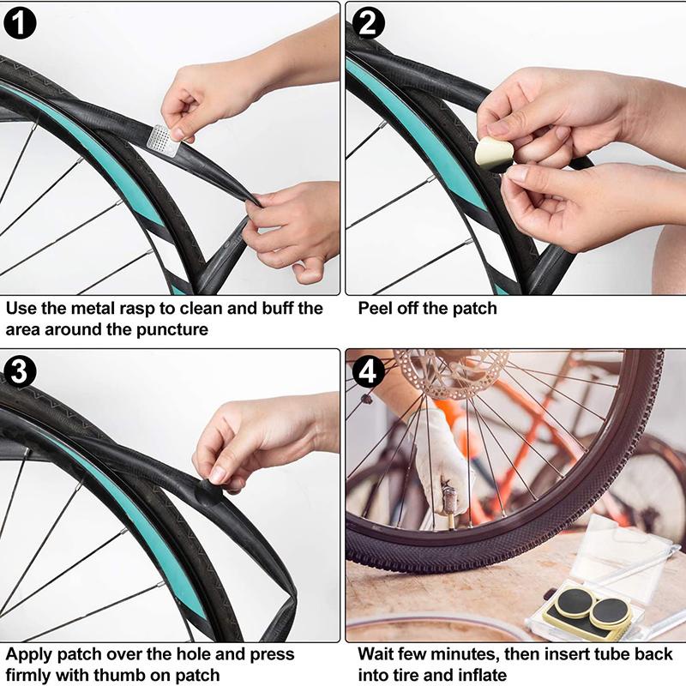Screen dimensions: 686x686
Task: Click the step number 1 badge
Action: pyautogui.click(x=20, y=23)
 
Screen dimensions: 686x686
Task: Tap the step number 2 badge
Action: pyautogui.click(x=368, y=23)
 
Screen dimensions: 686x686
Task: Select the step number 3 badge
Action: pyautogui.click(x=19, y=372)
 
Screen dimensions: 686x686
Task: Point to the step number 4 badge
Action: pyautogui.click(x=369, y=372)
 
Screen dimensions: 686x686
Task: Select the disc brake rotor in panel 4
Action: pyautogui.click(x=451, y=374)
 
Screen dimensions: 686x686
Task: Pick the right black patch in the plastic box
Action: pyautogui.click(x=611, y=610)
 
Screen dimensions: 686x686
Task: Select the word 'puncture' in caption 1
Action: pyautogui.click(x=172, y=330)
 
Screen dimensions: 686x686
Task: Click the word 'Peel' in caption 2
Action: pyautogui.click(x=375, y=309)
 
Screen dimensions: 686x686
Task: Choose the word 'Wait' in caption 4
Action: pyautogui.click(x=376, y=654)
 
